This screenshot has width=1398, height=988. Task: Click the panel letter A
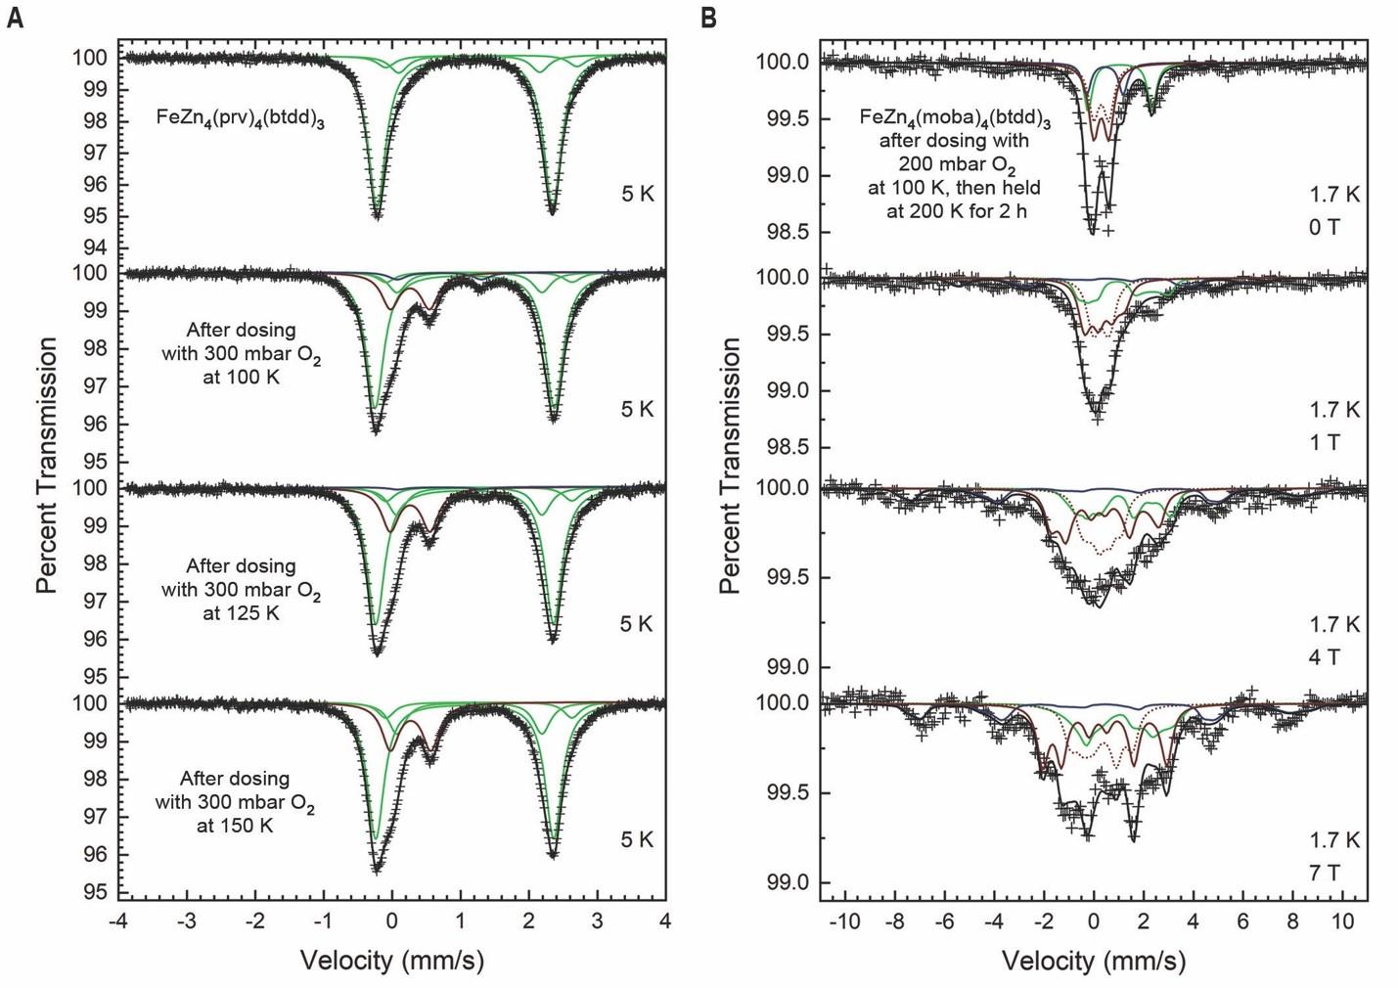14,17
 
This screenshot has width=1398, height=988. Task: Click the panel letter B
709,17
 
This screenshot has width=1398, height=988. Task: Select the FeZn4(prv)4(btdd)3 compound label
240,118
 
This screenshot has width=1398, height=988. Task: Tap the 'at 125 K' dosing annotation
242,613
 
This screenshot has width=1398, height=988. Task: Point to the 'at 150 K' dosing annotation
235,825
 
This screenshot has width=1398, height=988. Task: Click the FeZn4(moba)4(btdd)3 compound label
955,118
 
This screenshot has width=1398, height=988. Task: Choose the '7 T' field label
1325,871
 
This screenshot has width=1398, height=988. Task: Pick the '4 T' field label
1325,656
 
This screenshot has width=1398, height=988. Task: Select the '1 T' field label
1325,442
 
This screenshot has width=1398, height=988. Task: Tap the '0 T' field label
1325,227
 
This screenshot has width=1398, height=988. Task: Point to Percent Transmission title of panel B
730,466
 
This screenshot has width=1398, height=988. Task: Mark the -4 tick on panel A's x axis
118,921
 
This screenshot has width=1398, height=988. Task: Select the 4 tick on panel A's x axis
665,921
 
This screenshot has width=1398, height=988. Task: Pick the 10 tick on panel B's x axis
1343,921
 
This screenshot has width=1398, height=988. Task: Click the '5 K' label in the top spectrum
638,194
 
